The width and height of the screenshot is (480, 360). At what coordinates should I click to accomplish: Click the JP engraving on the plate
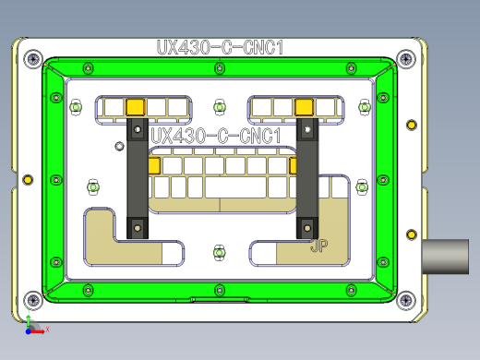pos(320,246)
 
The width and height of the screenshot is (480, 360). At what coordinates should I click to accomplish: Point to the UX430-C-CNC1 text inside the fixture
pos(215,137)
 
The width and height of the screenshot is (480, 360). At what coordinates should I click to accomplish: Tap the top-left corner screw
pos(34,60)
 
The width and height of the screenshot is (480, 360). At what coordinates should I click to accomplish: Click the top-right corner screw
pos(407,60)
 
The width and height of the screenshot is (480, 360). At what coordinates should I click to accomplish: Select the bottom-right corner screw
pos(406,297)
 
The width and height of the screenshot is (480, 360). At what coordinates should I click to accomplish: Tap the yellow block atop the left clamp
pos(135,107)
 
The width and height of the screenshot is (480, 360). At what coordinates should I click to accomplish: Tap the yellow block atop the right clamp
pos(304,107)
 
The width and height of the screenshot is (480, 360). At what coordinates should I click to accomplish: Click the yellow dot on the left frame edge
pos(27,178)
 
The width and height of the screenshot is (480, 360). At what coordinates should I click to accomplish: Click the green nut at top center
pos(220,107)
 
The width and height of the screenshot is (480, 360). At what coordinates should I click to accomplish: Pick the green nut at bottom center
pos(220,251)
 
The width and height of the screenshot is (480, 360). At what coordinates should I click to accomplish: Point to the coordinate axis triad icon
pos(30,325)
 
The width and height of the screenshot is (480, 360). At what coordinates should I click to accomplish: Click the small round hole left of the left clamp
pos(117,146)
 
